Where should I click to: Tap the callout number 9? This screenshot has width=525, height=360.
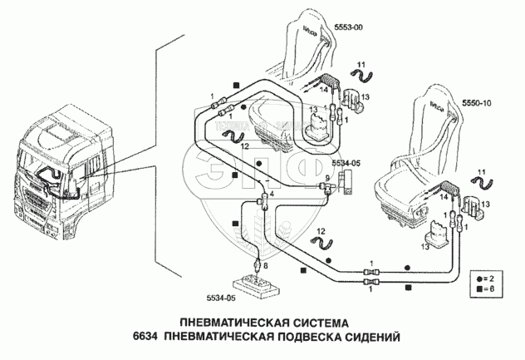326,178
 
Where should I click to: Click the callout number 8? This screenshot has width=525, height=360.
266,265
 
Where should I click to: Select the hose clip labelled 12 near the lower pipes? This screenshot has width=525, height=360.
321,243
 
